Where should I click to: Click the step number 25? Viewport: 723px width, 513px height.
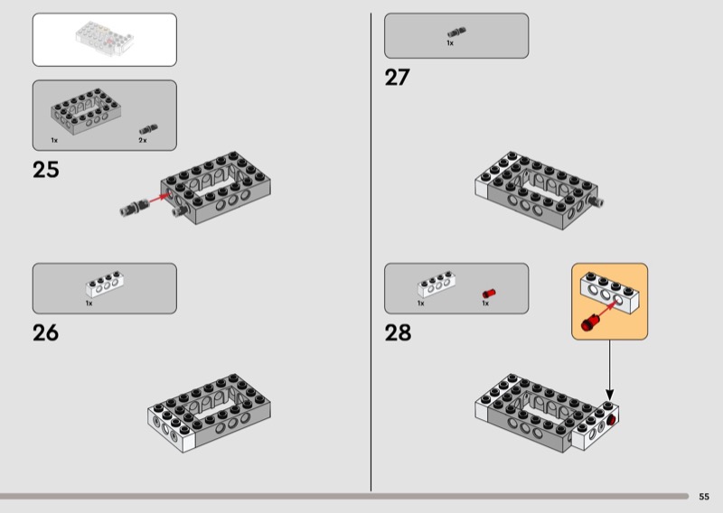coord(46,170)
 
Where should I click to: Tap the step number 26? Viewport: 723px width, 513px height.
coord(46,332)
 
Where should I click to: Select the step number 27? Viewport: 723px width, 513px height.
coord(397,77)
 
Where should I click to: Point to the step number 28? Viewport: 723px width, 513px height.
coord(398,332)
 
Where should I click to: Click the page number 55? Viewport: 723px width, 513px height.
coord(704,497)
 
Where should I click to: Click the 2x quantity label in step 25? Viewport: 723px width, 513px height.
coord(143,140)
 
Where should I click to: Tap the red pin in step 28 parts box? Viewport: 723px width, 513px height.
coord(489,294)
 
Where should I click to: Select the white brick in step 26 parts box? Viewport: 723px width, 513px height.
coord(105,284)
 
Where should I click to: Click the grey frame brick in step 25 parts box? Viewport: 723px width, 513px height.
coord(86,111)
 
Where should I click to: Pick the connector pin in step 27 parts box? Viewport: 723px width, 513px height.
coord(456,33)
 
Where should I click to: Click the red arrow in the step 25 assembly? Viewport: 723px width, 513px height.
coord(158,198)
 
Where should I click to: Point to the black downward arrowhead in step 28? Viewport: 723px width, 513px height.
coord(609,395)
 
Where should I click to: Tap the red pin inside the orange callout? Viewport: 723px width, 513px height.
coord(589,322)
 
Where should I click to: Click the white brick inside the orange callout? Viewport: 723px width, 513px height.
coord(609,293)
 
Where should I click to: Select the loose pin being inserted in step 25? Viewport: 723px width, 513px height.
coord(134,207)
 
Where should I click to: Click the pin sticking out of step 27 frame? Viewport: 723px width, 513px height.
coord(596,201)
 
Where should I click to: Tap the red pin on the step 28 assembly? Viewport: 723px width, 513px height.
coord(613,419)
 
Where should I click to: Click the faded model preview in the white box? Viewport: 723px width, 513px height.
coord(105,39)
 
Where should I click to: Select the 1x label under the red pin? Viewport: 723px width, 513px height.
coord(485,303)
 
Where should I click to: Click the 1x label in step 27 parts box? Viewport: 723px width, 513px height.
coord(450,43)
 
